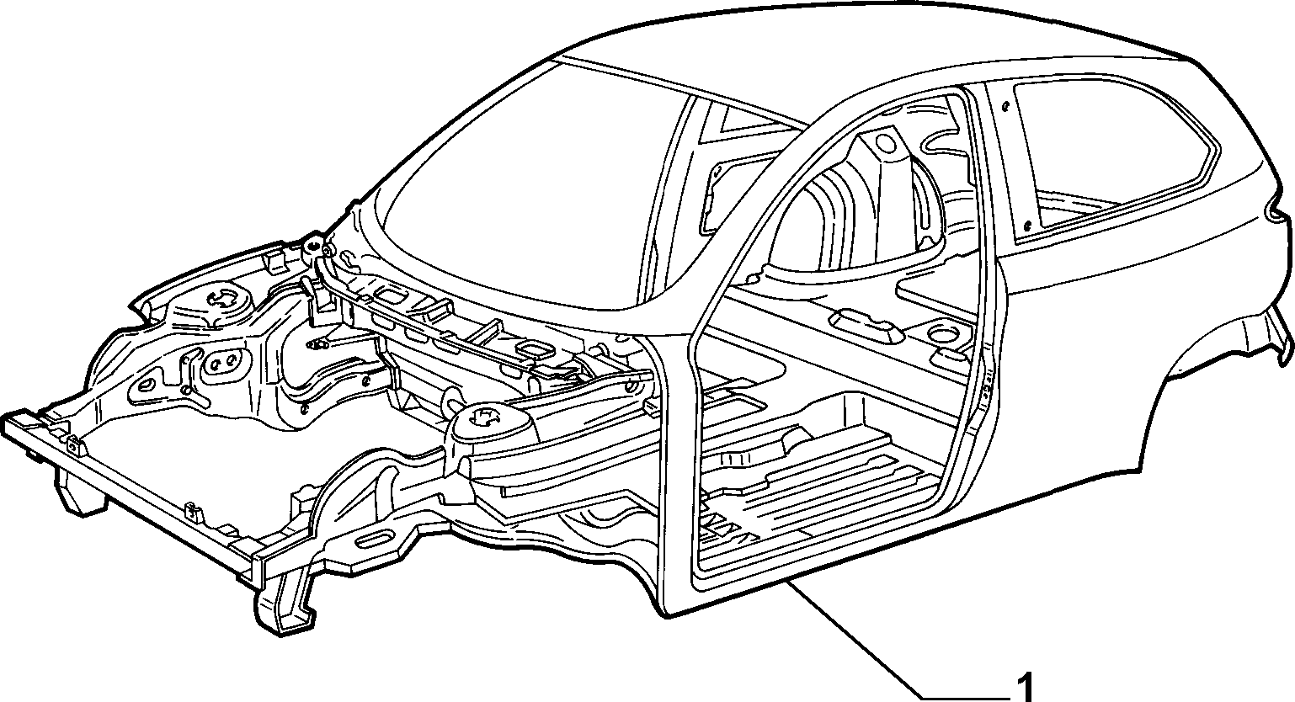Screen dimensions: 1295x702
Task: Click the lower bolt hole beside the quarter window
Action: pyautogui.click(x=1027, y=225)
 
